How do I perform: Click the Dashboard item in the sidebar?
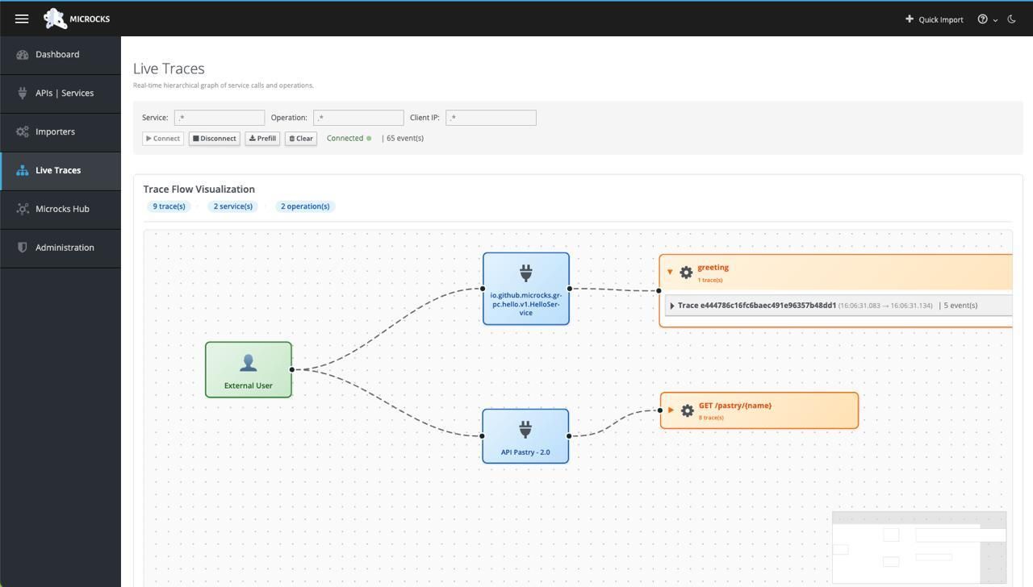point(57,55)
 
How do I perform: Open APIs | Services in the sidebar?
point(64,94)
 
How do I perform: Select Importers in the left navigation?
point(55,132)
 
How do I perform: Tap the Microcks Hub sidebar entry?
point(62,210)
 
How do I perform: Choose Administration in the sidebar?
point(65,248)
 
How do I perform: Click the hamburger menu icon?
point(22,19)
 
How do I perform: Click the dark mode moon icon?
point(1011,19)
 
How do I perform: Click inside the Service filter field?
point(220,118)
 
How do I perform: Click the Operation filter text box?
point(358,118)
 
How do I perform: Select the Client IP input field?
point(491,118)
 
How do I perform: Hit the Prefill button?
point(262,139)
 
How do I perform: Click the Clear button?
point(301,139)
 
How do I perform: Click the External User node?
point(249,369)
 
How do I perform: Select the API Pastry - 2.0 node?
point(525,436)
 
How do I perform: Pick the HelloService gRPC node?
point(526,289)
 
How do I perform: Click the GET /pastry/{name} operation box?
point(759,410)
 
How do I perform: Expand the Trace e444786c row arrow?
point(672,306)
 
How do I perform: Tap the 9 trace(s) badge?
point(169,206)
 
